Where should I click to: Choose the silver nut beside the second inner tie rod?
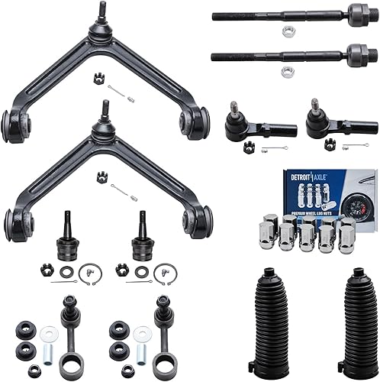pos(287,73)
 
